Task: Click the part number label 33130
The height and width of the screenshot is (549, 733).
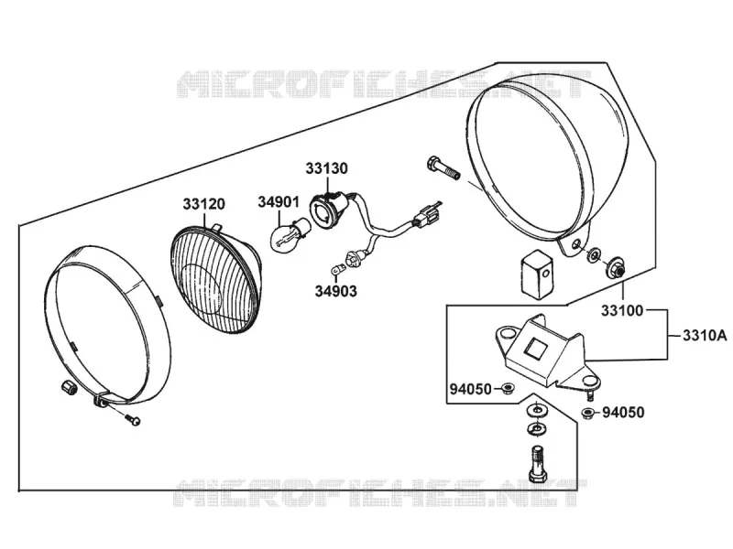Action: (x=327, y=168)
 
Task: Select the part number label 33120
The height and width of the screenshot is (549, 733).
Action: (x=203, y=204)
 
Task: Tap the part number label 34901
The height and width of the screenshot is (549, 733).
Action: (x=279, y=202)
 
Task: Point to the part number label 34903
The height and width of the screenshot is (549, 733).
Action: (x=335, y=291)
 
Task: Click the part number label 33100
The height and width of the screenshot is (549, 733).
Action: (x=622, y=310)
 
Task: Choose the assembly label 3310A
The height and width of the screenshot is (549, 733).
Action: (x=705, y=336)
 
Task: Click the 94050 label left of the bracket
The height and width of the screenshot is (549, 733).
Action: (x=471, y=389)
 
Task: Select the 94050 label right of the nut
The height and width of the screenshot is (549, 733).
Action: (x=623, y=413)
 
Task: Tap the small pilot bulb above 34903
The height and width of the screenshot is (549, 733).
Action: (x=336, y=269)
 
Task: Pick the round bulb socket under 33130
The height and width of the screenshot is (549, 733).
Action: (x=327, y=210)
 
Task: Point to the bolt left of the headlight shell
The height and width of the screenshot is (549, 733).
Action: (x=443, y=169)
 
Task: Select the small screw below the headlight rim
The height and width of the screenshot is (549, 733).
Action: (x=132, y=419)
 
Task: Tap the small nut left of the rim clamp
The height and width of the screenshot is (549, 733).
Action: (x=69, y=387)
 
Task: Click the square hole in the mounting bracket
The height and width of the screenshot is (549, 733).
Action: (x=535, y=348)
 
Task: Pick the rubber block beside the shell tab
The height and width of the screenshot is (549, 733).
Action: (x=537, y=274)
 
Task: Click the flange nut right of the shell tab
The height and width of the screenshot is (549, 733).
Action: (x=615, y=267)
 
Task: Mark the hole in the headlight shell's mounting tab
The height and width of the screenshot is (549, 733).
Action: (x=577, y=244)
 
